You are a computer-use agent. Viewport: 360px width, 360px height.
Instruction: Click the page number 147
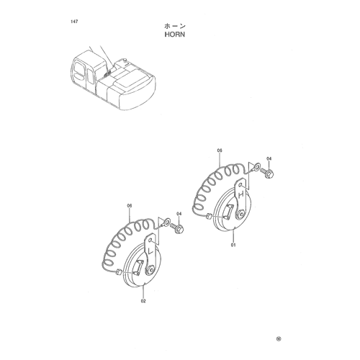(74, 22)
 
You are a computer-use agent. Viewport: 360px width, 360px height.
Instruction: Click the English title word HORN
(175, 35)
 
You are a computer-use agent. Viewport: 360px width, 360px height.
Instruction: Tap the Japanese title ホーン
(175, 26)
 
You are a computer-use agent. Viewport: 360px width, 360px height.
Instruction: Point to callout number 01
(233, 245)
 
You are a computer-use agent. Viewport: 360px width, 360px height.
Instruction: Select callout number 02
(143, 301)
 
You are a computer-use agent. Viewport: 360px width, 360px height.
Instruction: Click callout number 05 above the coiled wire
(220, 150)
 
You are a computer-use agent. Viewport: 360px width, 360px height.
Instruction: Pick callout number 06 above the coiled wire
(130, 206)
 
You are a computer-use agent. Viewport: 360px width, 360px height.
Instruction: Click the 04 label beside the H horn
(269, 158)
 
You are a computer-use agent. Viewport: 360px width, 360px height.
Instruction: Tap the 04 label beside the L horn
(179, 213)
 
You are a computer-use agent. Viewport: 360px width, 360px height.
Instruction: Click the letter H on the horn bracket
(241, 194)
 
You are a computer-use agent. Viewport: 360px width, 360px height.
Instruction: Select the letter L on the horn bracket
(150, 251)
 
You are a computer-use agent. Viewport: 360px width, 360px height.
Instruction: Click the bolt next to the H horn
(266, 173)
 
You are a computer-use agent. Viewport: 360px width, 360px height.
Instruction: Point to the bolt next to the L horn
(177, 228)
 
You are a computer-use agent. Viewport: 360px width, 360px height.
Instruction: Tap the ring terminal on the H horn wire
(256, 166)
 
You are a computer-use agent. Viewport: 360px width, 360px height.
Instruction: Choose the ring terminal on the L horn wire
(166, 221)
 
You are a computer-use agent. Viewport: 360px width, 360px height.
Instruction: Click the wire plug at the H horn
(209, 217)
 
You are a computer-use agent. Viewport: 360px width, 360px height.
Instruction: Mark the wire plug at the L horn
(119, 273)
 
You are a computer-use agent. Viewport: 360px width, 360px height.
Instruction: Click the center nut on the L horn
(150, 269)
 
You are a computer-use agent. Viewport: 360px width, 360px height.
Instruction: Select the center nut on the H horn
(240, 213)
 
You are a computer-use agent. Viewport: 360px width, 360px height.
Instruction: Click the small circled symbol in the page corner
(279, 338)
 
